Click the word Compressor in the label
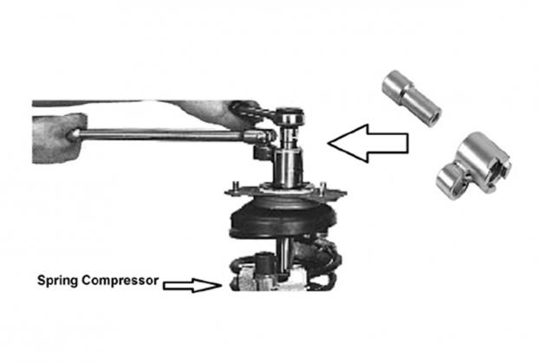click(120, 281)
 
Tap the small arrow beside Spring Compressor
click(192, 285)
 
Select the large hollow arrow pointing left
click(368, 143)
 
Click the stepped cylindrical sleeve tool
click(411, 98)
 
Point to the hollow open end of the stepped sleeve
click(434, 118)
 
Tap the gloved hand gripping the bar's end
click(59, 138)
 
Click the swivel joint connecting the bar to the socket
click(259, 136)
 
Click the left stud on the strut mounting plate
click(237, 187)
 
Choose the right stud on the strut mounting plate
click(322, 188)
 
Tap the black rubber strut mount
click(282, 219)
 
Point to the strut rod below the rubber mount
click(284, 255)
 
